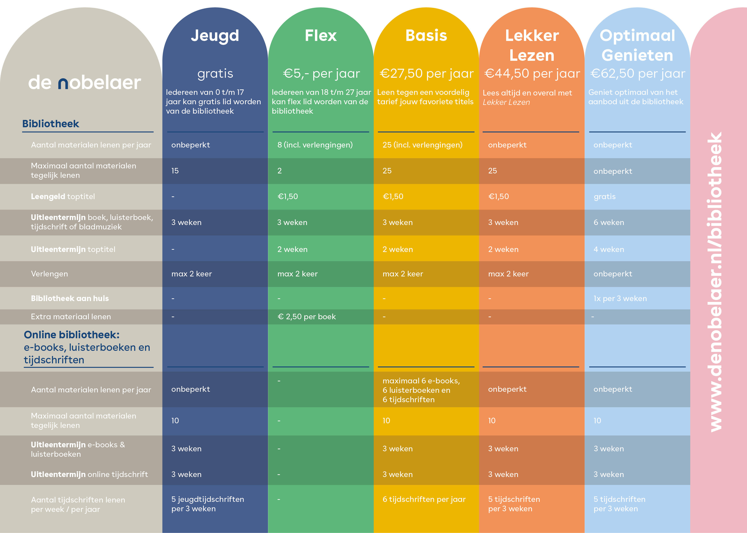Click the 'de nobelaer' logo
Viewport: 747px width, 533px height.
(85, 83)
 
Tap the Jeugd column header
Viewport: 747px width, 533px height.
(215, 36)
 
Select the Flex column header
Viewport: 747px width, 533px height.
(321, 36)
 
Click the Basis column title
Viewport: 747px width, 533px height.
(426, 36)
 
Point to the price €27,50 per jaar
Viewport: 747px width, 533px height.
(426, 74)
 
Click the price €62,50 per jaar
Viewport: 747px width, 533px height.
(637, 74)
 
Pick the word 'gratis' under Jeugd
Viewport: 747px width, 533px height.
(215, 74)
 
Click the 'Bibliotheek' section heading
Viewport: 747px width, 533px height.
(51, 124)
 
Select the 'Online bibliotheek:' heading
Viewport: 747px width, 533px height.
(71, 335)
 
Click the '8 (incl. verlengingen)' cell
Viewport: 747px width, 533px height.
(315, 145)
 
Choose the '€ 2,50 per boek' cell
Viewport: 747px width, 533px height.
(306, 317)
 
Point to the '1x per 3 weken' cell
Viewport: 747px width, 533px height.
(620, 299)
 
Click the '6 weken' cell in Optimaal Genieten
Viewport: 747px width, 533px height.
(609, 223)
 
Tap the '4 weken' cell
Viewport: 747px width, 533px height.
(609, 249)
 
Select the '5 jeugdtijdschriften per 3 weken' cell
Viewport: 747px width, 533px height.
(207, 504)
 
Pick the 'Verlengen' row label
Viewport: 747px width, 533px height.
(49, 274)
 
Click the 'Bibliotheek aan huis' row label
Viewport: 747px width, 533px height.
(70, 299)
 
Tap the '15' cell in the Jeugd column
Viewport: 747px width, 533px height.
(175, 171)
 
